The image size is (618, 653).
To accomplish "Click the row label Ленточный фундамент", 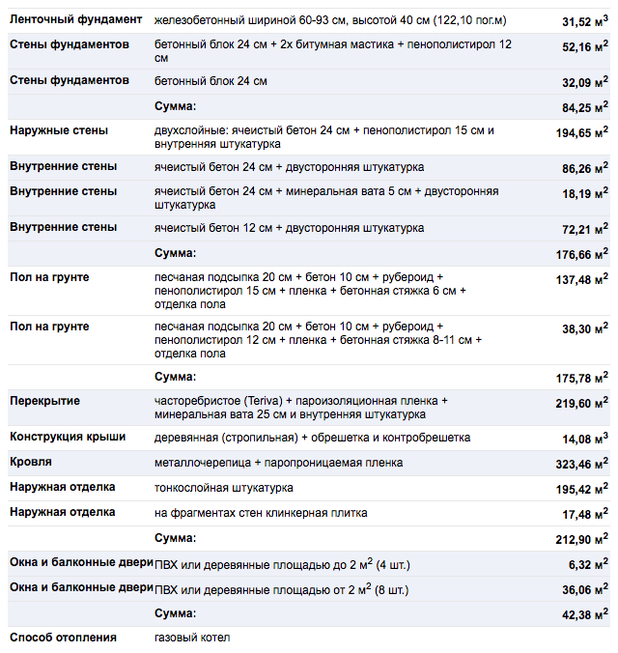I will point(76,20).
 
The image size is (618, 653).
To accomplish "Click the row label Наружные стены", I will point(59,130).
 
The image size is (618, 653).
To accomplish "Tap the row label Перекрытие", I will point(44,401).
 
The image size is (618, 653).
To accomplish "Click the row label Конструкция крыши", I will point(68,438).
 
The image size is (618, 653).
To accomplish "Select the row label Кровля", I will point(31,463).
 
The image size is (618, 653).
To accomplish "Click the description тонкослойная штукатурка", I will point(224,488).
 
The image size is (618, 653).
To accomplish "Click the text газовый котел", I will point(192,638).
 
